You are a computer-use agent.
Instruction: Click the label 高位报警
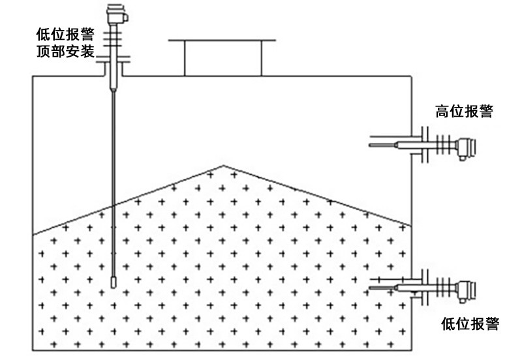[464, 112]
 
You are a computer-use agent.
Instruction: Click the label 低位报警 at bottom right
[470, 323]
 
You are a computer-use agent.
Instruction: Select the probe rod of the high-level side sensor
[385, 145]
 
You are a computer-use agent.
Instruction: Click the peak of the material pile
[224, 166]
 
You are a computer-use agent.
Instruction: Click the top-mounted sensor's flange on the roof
[114, 63]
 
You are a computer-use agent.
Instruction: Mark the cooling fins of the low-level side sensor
[445, 287]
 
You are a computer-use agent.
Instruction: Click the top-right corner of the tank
[411, 76]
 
